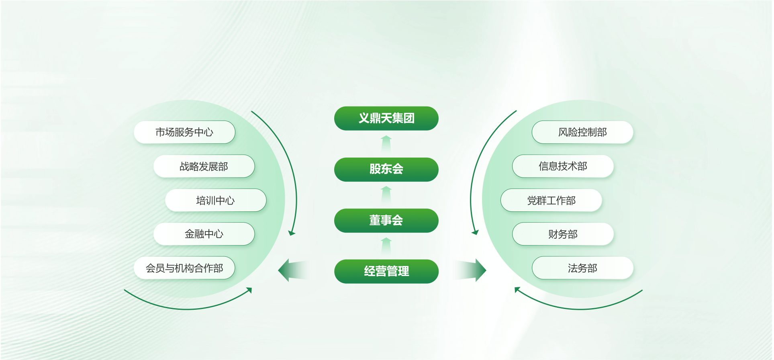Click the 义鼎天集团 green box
point(386,118)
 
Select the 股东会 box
point(386,169)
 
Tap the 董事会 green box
point(386,220)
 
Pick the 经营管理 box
point(386,271)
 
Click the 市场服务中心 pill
point(184,132)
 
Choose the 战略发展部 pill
point(204,166)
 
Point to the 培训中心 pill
point(216,200)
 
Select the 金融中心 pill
point(204,234)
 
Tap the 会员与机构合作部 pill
point(184,268)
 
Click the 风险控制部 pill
point(582,132)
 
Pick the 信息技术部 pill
point(563,166)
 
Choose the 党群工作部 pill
point(551,200)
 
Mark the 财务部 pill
point(563,234)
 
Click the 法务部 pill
point(582,268)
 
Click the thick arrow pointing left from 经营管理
point(293,270)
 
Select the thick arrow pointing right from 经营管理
point(470,270)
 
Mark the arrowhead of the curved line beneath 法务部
point(517,289)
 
